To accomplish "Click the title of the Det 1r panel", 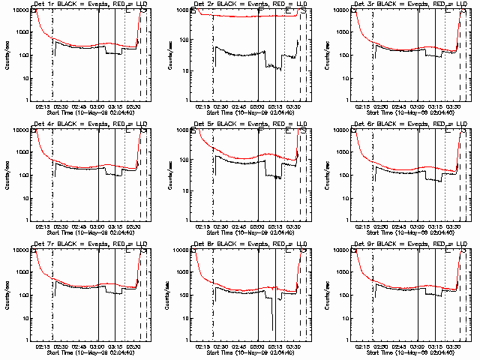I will pos(91,4).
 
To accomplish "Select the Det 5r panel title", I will pos(250,124).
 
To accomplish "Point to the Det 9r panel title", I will pos(411,244).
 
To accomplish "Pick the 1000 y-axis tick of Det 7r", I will pos(22,273).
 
